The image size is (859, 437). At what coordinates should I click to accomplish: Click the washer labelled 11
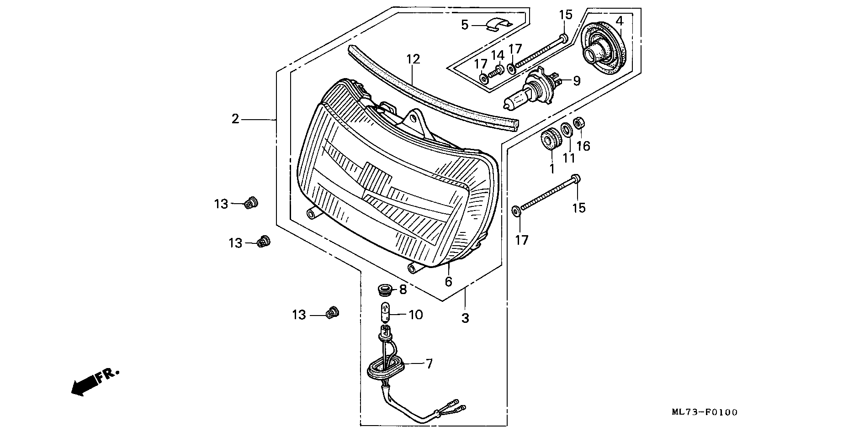[x=567, y=130]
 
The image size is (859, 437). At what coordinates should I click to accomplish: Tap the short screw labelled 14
[x=496, y=71]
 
